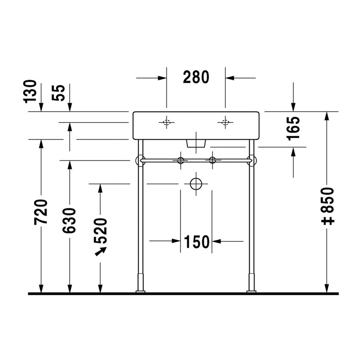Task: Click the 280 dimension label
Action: click(196, 77)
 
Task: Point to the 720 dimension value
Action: click(41, 210)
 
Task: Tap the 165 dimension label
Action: click(294, 127)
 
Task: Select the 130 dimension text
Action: click(31, 92)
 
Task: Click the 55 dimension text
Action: click(60, 92)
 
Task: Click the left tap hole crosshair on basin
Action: click(166, 123)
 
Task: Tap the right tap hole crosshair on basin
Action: click(225, 123)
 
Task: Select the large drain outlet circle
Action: click(196, 184)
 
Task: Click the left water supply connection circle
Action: click(181, 160)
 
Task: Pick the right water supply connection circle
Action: click(212, 160)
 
